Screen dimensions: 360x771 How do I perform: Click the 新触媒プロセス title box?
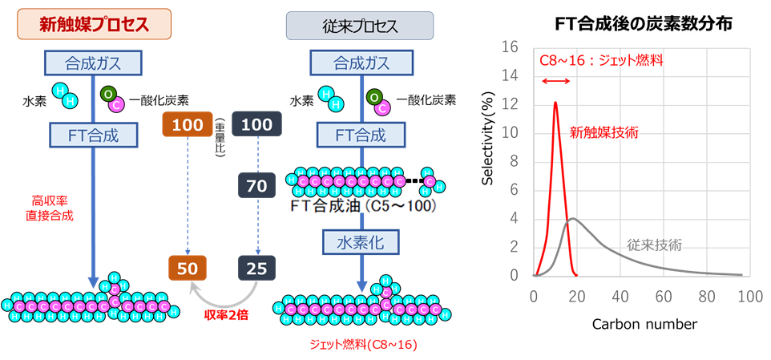(95, 25)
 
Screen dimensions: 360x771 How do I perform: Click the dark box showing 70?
(256, 187)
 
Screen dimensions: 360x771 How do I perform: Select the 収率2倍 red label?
(226, 314)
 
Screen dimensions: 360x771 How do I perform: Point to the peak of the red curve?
(555, 102)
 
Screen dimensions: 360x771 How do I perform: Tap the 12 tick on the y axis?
(514, 105)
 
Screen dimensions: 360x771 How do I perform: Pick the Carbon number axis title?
(644, 324)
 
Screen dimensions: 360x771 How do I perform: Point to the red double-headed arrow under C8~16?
(555, 81)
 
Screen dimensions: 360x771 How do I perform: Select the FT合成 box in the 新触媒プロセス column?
(95, 134)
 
